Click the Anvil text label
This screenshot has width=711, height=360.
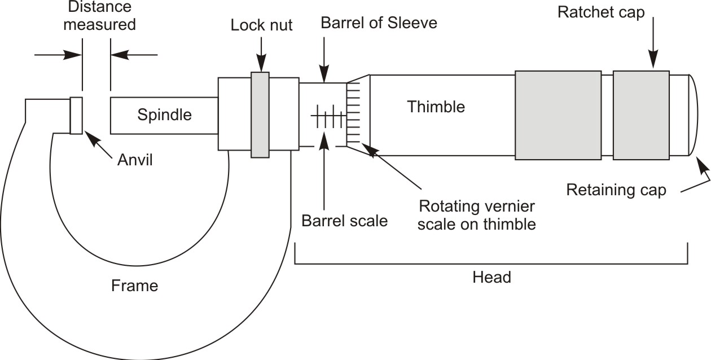(x=135, y=160)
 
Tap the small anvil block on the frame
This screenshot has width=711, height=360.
(x=76, y=115)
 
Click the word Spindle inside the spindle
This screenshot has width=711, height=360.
(x=164, y=115)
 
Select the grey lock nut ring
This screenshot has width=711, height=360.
(x=260, y=115)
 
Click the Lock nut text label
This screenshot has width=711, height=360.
(x=261, y=25)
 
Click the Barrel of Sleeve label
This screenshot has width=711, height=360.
(x=379, y=24)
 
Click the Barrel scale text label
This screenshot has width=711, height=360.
(x=345, y=221)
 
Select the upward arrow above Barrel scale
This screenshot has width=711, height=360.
(x=324, y=169)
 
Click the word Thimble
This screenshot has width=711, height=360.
(x=436, y=107)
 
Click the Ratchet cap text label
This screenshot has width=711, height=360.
(x=601, y=13)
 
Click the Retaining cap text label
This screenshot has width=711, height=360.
(x=616, y=190)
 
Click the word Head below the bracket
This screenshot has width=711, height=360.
(x=491, y=278)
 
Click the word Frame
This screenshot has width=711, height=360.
(x=134, y=286)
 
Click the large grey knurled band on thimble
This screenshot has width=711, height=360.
(x=558, y=115)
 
